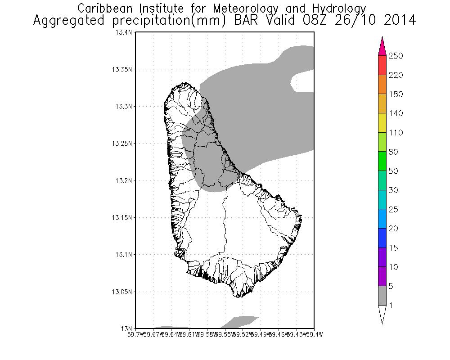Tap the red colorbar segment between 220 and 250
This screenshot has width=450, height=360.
click(382, 65)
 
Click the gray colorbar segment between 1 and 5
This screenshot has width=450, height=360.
click(382, 296)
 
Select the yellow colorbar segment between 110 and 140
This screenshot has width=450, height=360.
click(382, 123)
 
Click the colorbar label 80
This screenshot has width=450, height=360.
click(393, 152)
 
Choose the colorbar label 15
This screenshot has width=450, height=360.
click(393, 248)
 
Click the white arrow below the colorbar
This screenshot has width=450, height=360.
click(382, 314)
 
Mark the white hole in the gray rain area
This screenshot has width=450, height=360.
click(302, 82)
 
